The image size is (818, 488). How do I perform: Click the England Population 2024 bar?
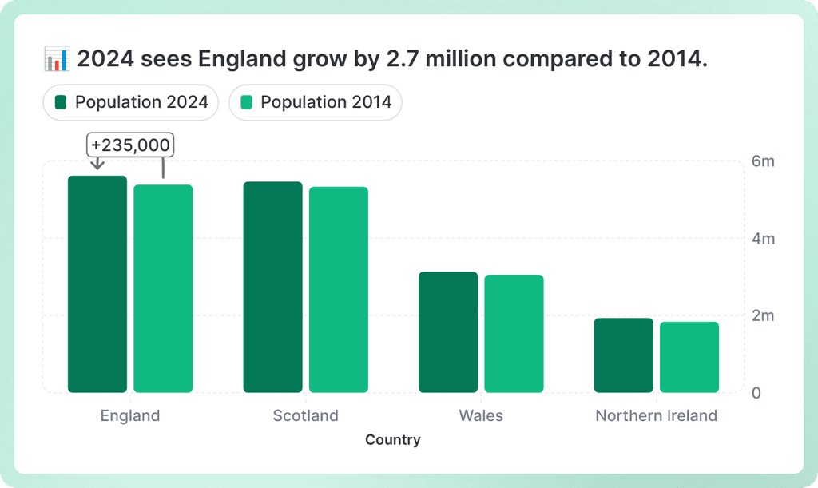point(97,284)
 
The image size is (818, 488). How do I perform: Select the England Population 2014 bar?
point(163,289)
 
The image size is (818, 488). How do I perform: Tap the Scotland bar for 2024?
point(273,288)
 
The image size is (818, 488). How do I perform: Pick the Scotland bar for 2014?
point(339,290)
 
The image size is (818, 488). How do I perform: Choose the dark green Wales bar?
point(448,332)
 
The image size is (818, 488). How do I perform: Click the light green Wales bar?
point(514,334)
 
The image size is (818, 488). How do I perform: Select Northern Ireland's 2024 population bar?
point(624,355)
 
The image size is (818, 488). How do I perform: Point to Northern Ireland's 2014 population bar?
point(689,357)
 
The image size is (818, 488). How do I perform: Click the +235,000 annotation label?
point(130,145)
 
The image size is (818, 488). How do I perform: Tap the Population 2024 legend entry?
point(131,102)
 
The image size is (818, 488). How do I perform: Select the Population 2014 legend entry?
point(316,102)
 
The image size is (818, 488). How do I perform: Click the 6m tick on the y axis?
point(763,162)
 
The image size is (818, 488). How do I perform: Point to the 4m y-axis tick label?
point(763,239)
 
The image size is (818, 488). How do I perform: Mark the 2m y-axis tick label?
point(763,315)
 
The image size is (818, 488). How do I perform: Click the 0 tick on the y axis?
point(757,393)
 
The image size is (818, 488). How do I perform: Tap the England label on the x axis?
point(130,415)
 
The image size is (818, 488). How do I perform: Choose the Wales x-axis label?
point(481,415)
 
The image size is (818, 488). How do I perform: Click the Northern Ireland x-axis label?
point(657,415)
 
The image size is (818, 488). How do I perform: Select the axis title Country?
point(393,440)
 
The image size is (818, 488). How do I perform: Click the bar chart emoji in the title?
point(57,59)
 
